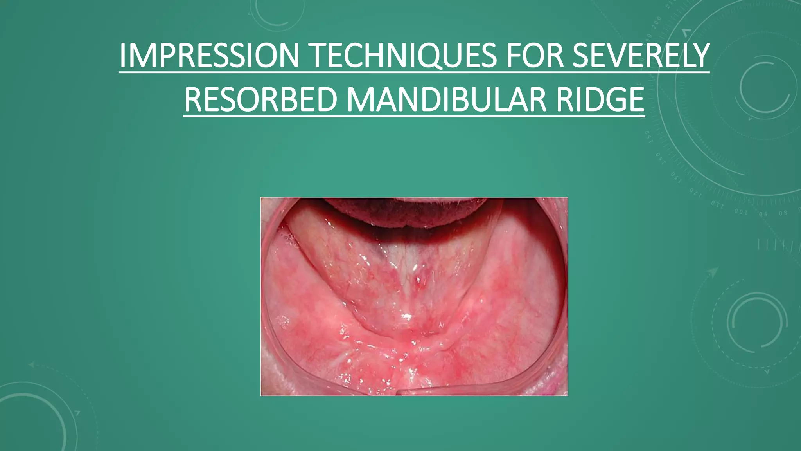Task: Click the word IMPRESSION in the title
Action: click(x=209, y=56)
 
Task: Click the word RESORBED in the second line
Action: click(x=260, y=100)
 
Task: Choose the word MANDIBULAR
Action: click(x=446, y=100)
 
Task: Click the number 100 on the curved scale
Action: click(x=741, y=212)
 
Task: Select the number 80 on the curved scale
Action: click(x=783, y=213)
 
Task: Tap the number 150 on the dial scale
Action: click(x=648, y=137)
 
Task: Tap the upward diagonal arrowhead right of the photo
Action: click(x=713, y=271)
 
